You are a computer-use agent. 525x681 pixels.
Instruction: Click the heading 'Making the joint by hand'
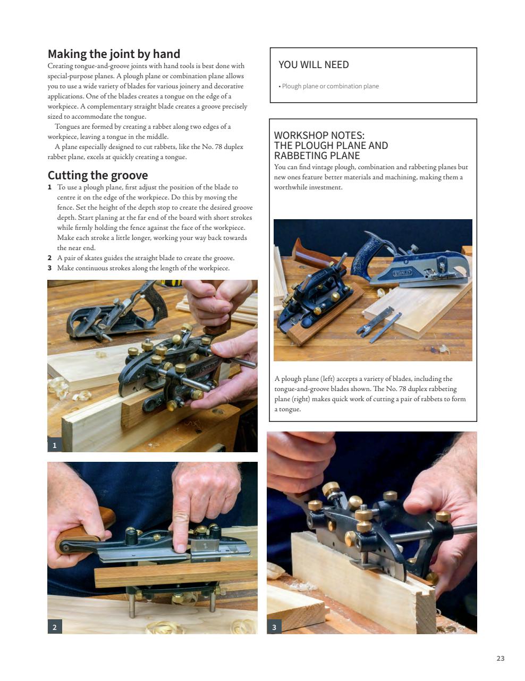(114, 54)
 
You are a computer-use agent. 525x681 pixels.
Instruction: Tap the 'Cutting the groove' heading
(98, 175)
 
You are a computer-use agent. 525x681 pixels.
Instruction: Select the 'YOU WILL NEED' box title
(314, 65)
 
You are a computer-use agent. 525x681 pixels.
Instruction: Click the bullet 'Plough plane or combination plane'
(330, 86)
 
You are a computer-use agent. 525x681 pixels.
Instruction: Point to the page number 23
(500, 658)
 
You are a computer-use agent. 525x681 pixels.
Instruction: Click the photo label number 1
(55, 445)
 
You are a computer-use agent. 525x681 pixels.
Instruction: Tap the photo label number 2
(55, 627)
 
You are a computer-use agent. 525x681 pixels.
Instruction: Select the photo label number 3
(274, 627)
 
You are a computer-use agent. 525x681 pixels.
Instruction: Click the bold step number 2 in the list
(50, 258)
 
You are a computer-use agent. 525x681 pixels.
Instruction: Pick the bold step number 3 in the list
(50, 268)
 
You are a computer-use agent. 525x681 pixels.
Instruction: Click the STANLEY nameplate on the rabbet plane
(402, 273)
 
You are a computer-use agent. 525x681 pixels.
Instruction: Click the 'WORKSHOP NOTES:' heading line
(319, 136)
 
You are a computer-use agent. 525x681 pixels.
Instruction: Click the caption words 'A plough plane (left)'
(304, 379)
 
